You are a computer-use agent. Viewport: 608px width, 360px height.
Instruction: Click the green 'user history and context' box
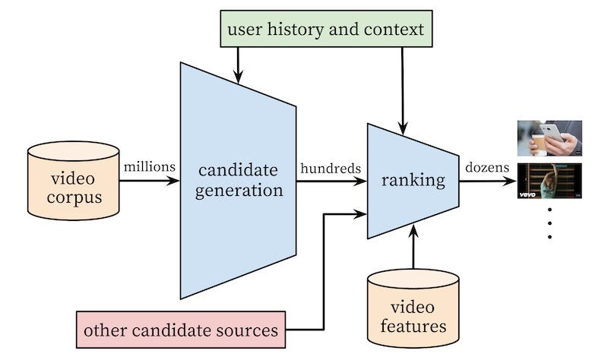(x=326, y=29)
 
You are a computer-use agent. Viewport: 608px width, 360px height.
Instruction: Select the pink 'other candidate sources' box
(x=181, y=330)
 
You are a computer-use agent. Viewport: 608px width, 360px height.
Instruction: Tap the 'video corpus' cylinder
(x=73, y=181)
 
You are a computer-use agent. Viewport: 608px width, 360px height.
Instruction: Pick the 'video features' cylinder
(x=413, y=308)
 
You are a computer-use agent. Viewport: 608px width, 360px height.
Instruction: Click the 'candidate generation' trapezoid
(x=238, y=181)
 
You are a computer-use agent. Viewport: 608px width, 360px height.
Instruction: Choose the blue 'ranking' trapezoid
(x=413, y=181)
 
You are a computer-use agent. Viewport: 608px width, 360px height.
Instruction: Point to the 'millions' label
(x=149, y=167)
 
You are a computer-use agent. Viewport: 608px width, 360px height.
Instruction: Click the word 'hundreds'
(x=331, y=168)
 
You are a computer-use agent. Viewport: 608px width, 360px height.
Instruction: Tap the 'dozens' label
(x=487, y=167)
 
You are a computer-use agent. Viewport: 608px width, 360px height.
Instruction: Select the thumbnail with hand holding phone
(x=549, y=138)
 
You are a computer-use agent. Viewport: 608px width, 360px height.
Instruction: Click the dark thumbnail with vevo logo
(x=549, y=181)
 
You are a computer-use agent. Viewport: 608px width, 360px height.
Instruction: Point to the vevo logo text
(x=527, y=194)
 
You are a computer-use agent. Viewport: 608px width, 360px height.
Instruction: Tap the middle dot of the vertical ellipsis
(x=549, y=223)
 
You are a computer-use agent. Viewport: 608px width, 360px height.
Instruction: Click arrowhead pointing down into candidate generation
(x=238, y=77)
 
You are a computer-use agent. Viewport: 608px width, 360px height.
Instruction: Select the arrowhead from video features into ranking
(x=413, y=232)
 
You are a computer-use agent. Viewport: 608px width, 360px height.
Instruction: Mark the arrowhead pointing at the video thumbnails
(x=509, y=181)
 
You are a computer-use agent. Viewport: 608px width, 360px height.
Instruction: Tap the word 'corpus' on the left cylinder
(x=74, y=197)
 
